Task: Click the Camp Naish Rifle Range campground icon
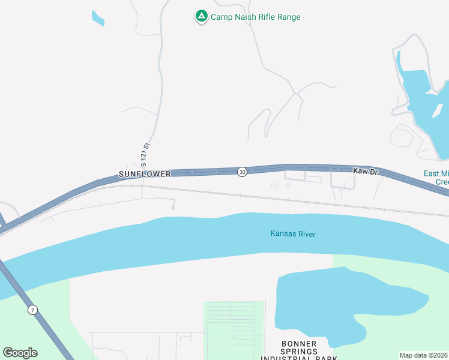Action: click(x=202, y=16)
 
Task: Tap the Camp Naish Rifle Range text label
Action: click(x=255, y=17)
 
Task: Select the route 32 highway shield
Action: click(x=242, y=172)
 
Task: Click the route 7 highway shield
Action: click(x=32, y=310)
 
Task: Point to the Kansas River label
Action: click(x=293, y=233)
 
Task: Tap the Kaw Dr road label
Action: click(x=366, y=172)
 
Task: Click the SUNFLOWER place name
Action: click(x=145, y=173)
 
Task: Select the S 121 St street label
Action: click(x=143, y=154)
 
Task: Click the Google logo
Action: click(x=20, y=353)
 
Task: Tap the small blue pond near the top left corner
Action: click(x=97, y=18)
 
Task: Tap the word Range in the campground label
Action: click(x=287, y=17)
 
